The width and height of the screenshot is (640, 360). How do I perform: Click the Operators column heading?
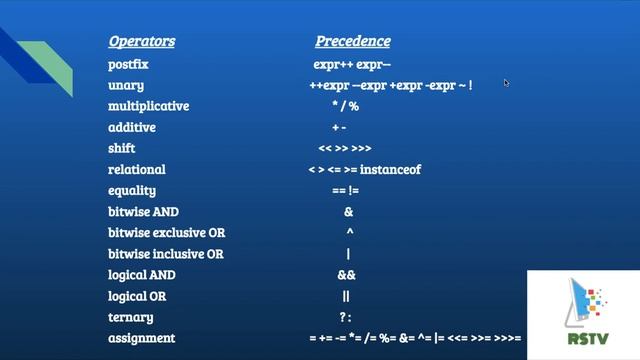pos(141,42)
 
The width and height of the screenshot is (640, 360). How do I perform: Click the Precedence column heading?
pos(353,42)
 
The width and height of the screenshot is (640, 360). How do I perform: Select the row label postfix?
pos(128,64)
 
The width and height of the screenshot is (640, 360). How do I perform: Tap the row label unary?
pos(126,85)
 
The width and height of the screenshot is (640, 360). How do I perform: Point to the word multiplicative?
pos(148,106)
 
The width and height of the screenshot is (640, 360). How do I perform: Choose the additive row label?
pos(132,128)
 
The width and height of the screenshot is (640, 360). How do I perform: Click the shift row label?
pos(122,149)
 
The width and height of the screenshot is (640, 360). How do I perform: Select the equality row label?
pos(132,191)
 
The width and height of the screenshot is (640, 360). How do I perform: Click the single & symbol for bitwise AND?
pos(348,212)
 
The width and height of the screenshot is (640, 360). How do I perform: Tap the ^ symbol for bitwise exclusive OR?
pos(349,232)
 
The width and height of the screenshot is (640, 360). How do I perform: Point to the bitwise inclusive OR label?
pos(166,254)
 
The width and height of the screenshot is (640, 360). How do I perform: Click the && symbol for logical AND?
pos(346,275)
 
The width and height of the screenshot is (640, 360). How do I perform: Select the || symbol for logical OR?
pos(346,296)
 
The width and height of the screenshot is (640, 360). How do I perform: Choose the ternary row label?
pos(130,317)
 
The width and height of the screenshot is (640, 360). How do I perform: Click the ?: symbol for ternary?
pos(346,317)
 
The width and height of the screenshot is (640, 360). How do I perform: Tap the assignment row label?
pos(141,338)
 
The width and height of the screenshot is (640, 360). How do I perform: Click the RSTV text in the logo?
pos(587,337)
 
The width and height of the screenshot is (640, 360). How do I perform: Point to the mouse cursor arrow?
pos(507,84)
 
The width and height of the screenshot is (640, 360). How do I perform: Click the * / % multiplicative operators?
pos(346,106)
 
